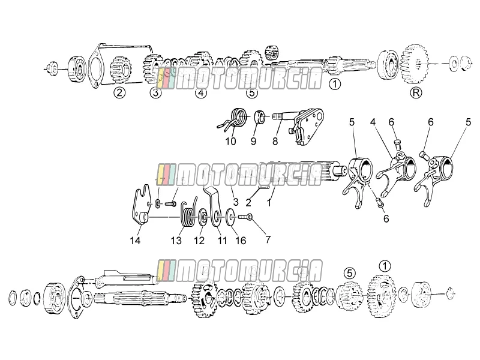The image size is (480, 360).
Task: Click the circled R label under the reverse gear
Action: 416,92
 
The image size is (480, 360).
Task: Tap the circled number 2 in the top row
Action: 119,92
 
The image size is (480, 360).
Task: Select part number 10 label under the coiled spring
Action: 231,141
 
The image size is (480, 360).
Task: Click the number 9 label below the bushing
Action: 253,141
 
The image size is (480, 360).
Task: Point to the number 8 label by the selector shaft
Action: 275,141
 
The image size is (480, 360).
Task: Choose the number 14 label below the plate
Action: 135,241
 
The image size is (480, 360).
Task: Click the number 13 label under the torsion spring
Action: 176,241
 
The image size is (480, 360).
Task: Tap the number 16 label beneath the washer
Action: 241,241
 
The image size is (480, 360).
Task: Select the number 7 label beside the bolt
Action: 268,239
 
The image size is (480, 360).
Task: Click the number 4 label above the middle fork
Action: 373,122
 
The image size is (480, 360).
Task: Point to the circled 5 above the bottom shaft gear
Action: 350,272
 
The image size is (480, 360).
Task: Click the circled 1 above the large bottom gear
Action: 385,266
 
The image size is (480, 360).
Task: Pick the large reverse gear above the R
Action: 413,65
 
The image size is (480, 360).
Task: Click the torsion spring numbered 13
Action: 188,214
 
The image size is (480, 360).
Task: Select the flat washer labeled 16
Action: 230,217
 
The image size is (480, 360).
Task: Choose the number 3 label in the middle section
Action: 235,202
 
